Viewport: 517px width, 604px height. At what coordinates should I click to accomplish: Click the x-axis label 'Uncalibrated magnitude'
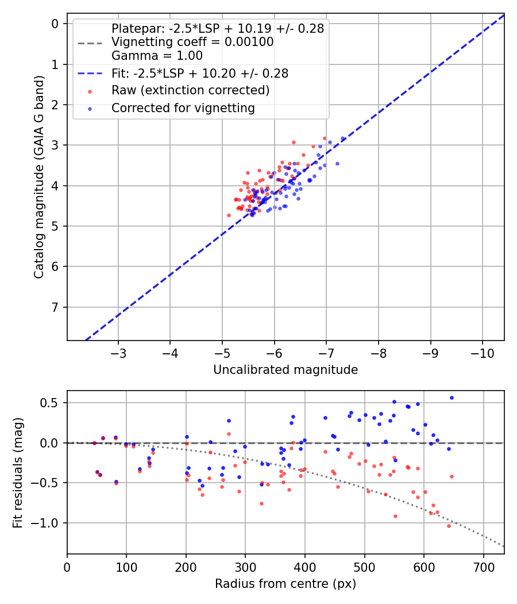tap(285, 369)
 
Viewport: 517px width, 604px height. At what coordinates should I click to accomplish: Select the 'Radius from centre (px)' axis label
tap(285, 584)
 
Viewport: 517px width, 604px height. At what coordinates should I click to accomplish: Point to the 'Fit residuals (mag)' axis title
tap(18, 472)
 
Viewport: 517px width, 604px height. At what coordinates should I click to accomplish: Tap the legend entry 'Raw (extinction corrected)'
tap(190, 90)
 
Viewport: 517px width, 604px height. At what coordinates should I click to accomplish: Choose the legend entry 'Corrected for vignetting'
tap(183, 108)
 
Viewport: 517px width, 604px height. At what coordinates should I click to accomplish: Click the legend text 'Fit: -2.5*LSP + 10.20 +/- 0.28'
tap(200, 73)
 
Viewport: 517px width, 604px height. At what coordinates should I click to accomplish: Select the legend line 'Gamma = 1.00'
tap(157, 56)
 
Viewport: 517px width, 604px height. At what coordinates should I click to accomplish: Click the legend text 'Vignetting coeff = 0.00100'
tap(192, 42)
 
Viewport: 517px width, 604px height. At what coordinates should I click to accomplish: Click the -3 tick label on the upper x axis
tap(118, 352)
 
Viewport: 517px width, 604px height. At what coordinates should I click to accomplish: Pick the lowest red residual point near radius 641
tap(449, 526)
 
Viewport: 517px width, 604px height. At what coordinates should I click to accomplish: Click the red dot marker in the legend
tap(89, 91)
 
